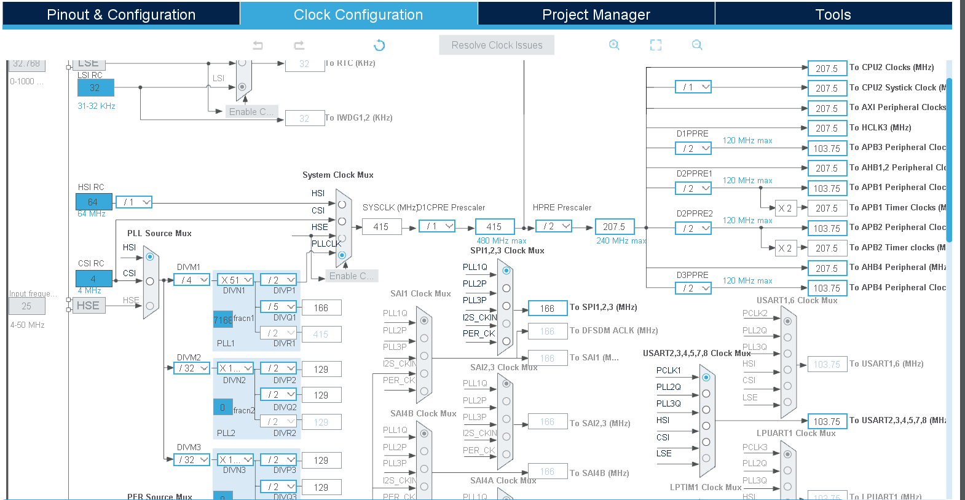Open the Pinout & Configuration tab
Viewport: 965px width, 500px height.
coord(121,15)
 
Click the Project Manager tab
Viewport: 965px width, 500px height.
coord(596,15)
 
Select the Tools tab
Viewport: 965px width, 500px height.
coord(833,15)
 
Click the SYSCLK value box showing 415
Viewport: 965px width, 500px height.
coord(381,227)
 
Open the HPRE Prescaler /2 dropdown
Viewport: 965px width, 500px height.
coord(554,226)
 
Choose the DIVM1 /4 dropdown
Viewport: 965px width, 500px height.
coord(192,280)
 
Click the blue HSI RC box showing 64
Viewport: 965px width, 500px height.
coord(93,202)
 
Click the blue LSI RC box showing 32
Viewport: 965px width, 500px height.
coord(95,88)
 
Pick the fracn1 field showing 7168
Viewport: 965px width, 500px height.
coord(223,320)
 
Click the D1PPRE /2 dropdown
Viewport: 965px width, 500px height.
coord(693,148)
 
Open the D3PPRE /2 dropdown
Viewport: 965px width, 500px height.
coord(693,288)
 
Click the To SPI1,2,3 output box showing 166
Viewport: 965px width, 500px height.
coord(547,308)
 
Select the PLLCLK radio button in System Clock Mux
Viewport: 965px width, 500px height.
coord(342,255)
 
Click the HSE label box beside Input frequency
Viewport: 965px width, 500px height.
coord(89,306)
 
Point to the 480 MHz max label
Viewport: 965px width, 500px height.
coord(502,240)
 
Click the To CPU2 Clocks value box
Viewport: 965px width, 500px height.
coord(827,68)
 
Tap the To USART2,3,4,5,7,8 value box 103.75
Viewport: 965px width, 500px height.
coord(827,421)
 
